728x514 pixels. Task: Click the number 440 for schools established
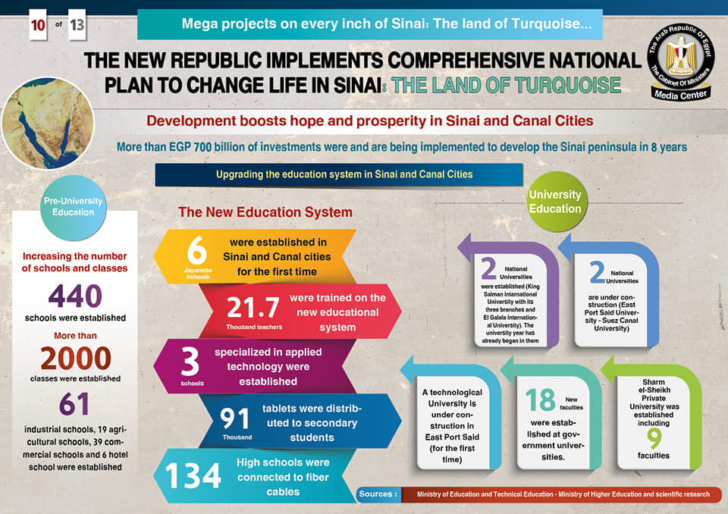pos(74,296)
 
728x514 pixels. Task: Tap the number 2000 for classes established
pos(75,358)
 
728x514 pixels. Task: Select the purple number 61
pos(74,404)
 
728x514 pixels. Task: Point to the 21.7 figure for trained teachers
pos(253,306)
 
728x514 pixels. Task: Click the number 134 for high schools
pos(193,476)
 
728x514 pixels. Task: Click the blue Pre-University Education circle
pos(73,206)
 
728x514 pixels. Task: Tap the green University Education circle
pos(554,202)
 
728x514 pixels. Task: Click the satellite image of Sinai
pos(48,121)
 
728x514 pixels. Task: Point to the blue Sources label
pos(378,494)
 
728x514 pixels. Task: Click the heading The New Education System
pos(265,212)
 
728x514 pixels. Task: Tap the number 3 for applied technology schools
pos(190,364)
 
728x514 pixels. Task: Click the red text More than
pos(74,335)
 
